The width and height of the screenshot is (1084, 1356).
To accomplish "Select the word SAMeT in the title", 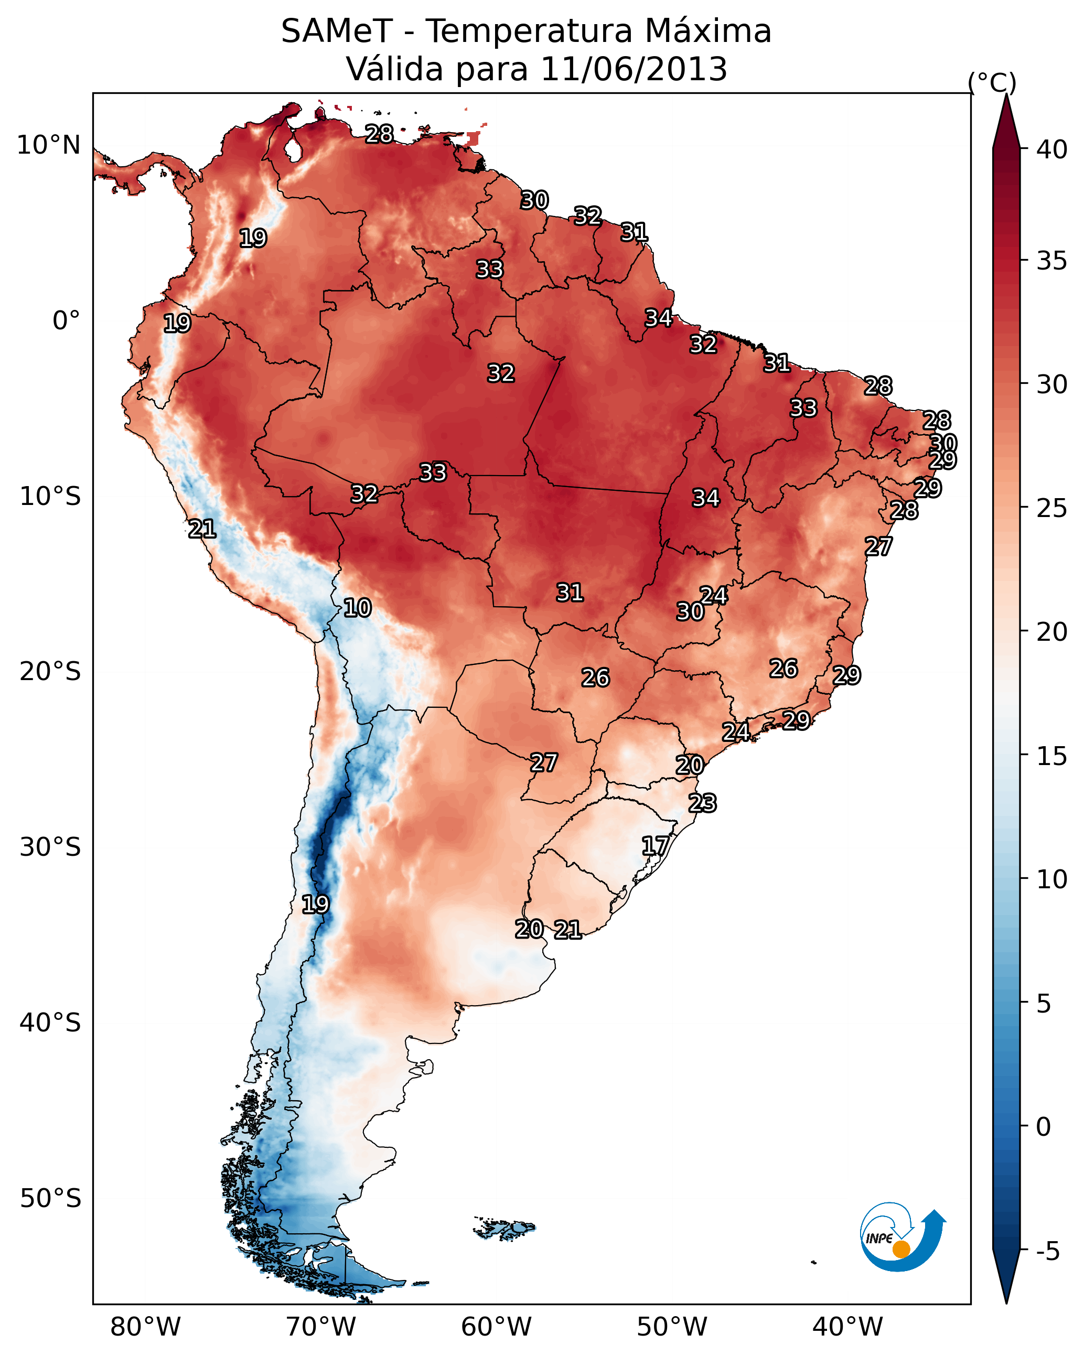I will click(x=337, y=31).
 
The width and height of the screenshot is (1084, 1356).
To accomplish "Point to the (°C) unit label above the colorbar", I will click(x=992, y=82).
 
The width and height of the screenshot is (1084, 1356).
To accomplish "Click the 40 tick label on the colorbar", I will click(x=1052, y=149).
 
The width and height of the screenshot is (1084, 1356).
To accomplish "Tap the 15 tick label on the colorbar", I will click(x=1052, y=756).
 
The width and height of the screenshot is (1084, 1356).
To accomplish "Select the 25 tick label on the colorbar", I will click(x=1052, y=508).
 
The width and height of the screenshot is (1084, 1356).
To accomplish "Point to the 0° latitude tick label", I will click(x=66, y=321).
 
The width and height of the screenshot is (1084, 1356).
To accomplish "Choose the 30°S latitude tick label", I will click(x=50, y=847).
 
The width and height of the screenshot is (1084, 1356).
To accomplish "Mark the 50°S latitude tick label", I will click(x=50, y=1198).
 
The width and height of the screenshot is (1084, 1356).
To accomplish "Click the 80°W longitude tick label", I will click(x=145, y=1327).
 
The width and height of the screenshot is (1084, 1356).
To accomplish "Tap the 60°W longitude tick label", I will click(x=497, y=1327).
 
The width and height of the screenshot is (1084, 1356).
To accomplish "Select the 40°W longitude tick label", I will click(x=847, y=1327).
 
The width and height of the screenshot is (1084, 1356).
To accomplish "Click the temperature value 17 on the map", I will click(x=655, y=845).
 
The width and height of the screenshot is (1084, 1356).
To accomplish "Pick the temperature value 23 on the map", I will click(x=702, y=803).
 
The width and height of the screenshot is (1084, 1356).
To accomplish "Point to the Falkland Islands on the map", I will click(x=506, y=1228).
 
